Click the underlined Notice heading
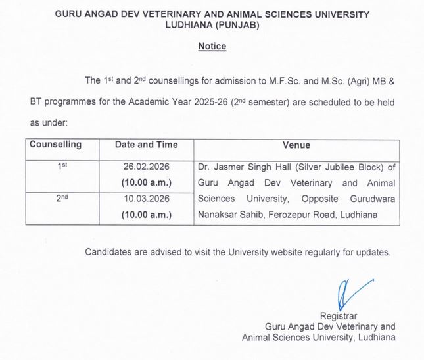coord(212,47)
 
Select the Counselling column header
coord(56,145)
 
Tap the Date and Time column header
coord(146,145)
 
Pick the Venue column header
coord(296,145)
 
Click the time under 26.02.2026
coord(146,182)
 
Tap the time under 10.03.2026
coord(146,214)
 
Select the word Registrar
coord(339,315)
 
